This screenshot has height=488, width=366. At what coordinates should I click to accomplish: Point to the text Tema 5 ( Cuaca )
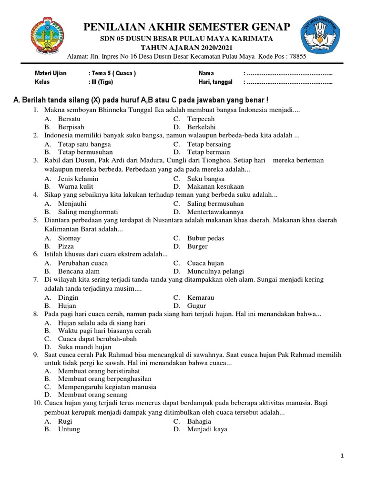coord(112,73)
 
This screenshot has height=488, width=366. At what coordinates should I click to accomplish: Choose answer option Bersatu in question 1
coord(69,119)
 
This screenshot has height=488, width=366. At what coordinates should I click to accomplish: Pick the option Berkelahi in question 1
coord(201,127)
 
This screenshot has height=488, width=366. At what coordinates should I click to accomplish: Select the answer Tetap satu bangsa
coord(84,144)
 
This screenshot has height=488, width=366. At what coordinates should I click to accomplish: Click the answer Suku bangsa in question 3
coord(205,179)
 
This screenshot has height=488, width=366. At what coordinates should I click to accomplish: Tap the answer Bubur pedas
coord(205,238)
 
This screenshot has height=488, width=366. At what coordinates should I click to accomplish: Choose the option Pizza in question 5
coord(66,246)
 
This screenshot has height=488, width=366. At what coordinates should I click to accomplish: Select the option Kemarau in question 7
coord(201,297)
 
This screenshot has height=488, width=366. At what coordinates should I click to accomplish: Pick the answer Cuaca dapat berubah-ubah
coord(97,339)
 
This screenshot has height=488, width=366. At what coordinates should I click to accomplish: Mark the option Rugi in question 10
coord(65,421)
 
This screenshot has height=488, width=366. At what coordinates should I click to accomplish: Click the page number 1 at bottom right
coord(342,456)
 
